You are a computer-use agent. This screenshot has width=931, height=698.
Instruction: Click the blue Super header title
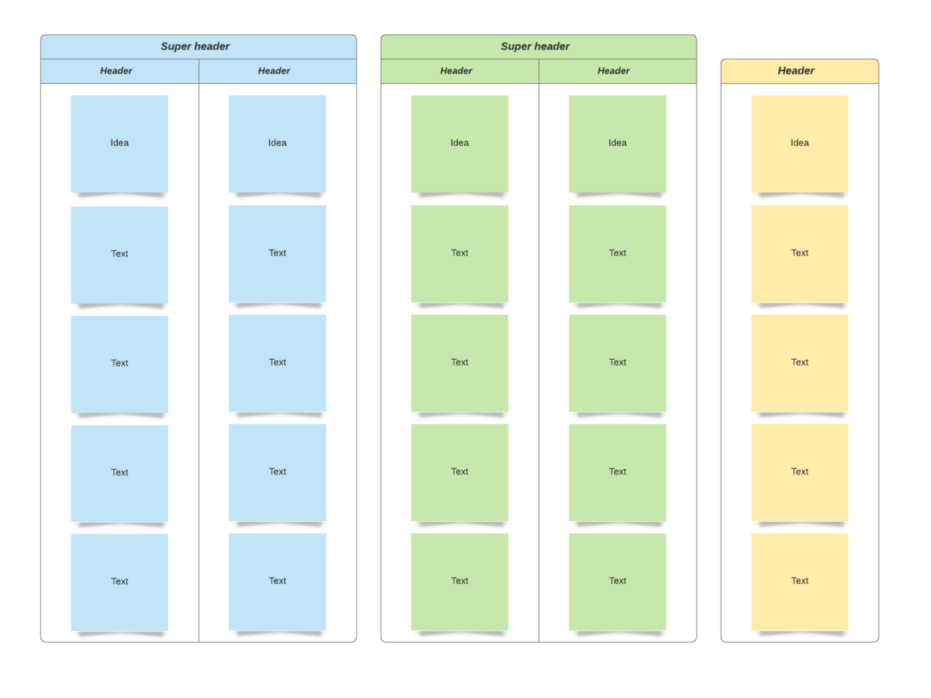coord(195,47)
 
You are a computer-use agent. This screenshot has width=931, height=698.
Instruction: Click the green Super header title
coord(535,47)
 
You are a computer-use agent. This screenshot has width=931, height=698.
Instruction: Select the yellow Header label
coord(796,71)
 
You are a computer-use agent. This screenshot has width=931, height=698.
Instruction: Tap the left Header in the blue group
coord(116,71)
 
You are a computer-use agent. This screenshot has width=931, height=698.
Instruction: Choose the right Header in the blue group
coord(274,71)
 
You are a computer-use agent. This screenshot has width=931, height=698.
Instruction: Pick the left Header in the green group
coord(456,71)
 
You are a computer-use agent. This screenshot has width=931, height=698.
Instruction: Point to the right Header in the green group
coord(614,71)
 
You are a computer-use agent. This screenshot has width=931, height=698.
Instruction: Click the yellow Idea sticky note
coord(800,143)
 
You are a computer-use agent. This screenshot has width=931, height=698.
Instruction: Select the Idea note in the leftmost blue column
coord(119,143)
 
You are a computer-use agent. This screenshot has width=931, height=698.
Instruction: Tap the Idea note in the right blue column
coord(278,143)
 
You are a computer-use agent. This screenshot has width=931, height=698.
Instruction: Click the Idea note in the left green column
coord(459,143)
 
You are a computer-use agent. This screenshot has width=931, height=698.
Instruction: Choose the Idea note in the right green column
coord(617,143)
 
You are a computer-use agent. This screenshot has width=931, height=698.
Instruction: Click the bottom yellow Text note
coord(800,582)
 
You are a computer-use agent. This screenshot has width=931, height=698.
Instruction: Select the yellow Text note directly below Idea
coord(800,254)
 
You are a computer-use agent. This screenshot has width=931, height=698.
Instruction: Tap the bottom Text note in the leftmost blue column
coord(119,582)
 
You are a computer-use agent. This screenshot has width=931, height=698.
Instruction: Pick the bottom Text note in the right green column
coord(617,582)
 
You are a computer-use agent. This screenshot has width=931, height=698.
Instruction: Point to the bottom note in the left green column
coord(459,582)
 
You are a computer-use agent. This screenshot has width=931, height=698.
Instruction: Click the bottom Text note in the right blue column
coord(278,582)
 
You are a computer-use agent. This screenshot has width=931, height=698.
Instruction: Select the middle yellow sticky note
coord(800,363)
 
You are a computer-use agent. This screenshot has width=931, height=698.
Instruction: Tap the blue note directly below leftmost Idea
coord(119,254)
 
